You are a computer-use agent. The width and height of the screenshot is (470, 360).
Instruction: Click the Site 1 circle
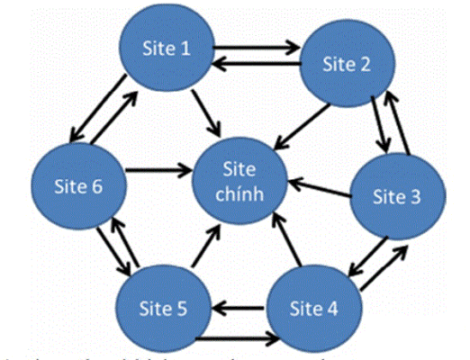point(164,49)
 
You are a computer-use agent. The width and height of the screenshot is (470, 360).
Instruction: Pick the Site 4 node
point(315,308)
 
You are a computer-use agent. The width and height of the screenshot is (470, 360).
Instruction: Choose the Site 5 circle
point(166,309)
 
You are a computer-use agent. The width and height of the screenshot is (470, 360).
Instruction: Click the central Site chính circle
point(244,180)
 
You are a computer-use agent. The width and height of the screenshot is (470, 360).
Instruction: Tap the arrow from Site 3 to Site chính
point(320,188)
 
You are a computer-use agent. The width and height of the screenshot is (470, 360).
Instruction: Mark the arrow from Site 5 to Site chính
point(203,251)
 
